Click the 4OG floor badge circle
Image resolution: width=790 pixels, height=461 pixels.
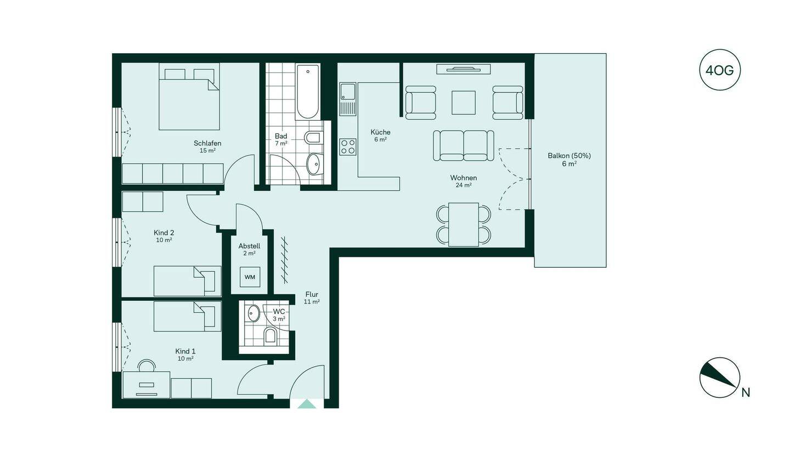[720, 70]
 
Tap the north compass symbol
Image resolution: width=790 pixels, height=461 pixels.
[720, 378]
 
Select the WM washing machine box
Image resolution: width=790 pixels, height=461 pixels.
[250, 277]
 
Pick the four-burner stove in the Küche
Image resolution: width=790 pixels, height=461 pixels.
[347, 147]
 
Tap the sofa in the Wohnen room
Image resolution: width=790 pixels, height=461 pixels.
[464, 145]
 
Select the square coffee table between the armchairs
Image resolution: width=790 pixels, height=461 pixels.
[464, 103]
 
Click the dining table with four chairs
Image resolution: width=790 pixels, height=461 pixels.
[464, 224]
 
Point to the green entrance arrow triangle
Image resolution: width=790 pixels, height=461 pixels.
[307, 404]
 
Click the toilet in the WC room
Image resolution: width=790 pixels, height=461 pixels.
[270, 335]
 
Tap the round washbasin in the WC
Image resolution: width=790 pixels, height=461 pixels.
[253, 313]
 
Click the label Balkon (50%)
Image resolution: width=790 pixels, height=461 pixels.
[569, 156]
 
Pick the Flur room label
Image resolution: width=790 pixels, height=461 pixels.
[312, 295]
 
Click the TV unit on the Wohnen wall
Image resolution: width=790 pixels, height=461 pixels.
[464, 69]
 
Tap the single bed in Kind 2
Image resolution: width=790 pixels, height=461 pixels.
[187, 281]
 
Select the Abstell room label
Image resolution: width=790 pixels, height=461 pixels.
[249, 246]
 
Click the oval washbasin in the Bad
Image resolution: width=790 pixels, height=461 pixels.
[313, 164]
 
